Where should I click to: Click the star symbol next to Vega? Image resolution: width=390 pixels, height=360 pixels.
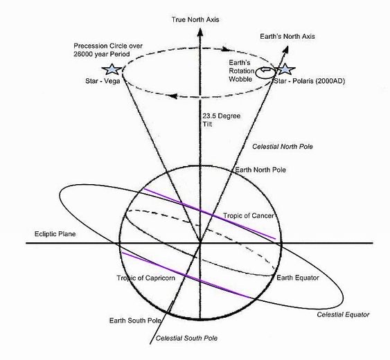point(112,69)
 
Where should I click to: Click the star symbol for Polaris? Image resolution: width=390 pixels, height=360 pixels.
point(286,69)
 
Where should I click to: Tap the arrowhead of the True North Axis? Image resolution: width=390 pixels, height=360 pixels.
point(200,33)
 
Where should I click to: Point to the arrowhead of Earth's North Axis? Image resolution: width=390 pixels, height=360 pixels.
point(286,50)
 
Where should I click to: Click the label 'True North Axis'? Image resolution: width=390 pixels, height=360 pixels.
point(195,19)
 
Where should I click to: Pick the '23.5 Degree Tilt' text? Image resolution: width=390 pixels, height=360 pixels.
point(221,120)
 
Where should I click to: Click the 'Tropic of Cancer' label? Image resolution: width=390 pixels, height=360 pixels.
point(249,215)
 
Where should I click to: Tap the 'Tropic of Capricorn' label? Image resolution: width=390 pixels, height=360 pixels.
point(146,278)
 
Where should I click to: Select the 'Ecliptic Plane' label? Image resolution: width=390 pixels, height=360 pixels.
point(55,234)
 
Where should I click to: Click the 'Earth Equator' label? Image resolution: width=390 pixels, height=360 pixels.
point(298,278)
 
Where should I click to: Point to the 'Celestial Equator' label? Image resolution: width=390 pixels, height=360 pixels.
point(343,314)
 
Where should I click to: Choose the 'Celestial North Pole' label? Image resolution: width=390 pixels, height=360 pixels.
point(283,147)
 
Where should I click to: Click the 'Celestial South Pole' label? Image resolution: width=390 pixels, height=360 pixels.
point(186,338)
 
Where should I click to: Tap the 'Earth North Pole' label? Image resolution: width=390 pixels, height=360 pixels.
point(260,170)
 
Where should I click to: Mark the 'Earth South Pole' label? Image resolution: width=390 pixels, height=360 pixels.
point(135,321)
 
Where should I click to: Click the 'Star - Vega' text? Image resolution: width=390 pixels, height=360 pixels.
point(103,81)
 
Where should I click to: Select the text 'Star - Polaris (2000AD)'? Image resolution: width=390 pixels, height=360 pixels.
point(310,81)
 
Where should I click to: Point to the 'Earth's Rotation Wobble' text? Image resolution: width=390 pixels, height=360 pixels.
point(242,71)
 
